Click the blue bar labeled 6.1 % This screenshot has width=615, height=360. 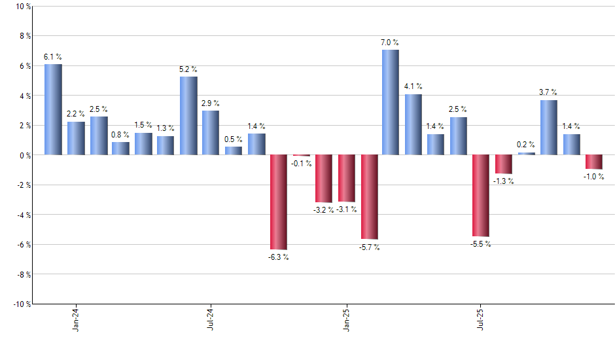point(53,109)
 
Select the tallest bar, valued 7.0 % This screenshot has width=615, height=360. point(391,102)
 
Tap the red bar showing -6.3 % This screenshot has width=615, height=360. point(279,202)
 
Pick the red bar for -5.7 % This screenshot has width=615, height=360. point(369,197)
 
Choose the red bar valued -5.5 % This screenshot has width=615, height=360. point(481,196)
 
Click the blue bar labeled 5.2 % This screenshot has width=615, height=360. point(188,116)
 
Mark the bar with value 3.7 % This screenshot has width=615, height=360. point(549,128)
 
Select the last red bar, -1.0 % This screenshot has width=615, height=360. point(593,162)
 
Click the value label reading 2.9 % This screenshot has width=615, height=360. point(211,103)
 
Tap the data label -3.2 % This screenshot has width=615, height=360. point(323,209)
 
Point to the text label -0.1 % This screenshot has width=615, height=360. point(301,163)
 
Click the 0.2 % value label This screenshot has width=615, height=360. point(526,145)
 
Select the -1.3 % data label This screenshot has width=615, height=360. point(503,181)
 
